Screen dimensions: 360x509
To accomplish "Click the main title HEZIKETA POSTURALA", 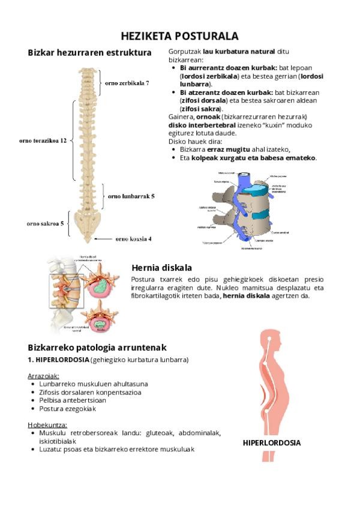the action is point(179,36).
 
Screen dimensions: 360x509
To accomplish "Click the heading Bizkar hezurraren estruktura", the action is point(89,53).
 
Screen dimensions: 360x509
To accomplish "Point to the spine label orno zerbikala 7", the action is point(127,83).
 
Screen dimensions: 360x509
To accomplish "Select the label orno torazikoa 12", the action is point(43,140).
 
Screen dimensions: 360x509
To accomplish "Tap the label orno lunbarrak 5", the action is point(131,196).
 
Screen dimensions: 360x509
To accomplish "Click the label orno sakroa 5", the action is point(46,223).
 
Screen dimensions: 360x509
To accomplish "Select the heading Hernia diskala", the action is point(161,268).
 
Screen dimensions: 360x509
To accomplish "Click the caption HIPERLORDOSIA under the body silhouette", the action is point(271,443).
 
